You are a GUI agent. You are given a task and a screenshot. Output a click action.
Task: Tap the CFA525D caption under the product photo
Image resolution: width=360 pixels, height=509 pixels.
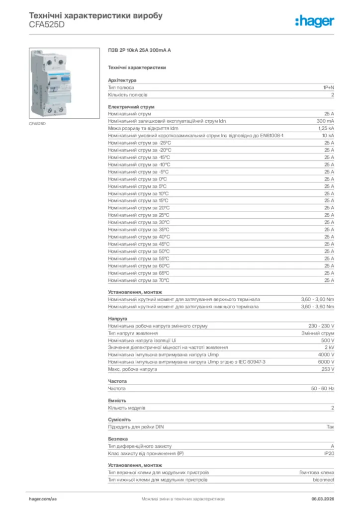coord(37,123)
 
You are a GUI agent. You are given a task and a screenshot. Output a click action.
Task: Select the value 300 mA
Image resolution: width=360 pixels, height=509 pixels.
coord(325,121)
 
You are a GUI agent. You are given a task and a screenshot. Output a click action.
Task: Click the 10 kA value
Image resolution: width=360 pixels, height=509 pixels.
coord(328,135)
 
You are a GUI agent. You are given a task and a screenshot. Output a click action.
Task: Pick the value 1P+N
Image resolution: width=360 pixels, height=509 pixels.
coord(329,87)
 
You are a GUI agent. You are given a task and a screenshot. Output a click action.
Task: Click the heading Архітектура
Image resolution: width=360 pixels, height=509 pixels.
coord(122,80)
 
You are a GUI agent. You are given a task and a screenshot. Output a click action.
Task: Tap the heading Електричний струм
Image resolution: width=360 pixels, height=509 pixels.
coord(131,106)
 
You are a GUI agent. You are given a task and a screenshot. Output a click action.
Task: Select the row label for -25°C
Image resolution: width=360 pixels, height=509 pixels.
coord(139,143)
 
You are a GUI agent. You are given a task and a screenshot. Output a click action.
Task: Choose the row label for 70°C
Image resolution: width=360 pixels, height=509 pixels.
coord(139,280)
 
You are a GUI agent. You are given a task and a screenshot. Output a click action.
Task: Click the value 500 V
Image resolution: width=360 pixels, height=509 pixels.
coord(328,340)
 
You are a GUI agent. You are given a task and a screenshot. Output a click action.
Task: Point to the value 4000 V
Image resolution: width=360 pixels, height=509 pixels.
coord(326,355)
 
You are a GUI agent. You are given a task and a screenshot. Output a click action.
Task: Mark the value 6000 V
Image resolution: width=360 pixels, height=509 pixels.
coord(326,362)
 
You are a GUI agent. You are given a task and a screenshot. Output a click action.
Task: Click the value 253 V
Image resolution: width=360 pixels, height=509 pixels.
coord(328,369)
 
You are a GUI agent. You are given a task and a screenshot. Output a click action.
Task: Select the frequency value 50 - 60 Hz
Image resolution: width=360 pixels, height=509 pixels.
coord(323,388)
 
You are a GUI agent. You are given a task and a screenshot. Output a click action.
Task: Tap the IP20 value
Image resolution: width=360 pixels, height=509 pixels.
coord(329,453)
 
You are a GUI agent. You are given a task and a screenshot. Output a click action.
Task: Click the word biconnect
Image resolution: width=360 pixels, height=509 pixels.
coord(323,480)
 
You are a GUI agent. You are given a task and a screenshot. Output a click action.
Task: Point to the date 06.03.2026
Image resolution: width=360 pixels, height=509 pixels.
coord(322,498)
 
